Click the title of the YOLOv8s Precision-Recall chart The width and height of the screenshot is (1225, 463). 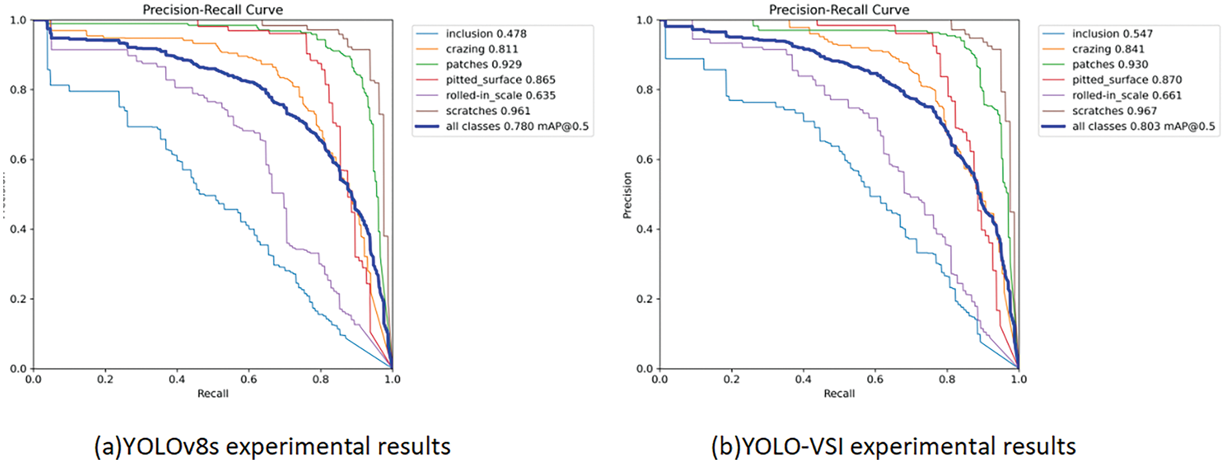click(213, 10)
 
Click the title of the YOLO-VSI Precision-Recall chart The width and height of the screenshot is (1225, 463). click(839, 10)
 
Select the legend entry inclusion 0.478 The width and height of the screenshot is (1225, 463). click(485, 34)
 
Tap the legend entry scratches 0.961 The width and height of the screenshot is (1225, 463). click(487, 111)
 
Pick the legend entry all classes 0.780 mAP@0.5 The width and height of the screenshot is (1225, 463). click(516, 126)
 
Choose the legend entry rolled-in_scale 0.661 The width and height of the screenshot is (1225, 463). click(1126, 95)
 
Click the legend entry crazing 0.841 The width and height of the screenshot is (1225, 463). click(1108, 49)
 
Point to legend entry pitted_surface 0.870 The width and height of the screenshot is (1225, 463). click(1126, 80)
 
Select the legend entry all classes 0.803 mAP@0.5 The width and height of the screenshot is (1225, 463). click(1143, 126)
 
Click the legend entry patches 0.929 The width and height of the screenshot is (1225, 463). click(484, 64)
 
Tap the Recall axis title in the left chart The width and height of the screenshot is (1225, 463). click(213, 393)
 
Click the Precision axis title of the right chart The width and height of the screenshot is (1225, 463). click(627, 195)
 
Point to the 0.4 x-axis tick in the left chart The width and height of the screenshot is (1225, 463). click(177, 379)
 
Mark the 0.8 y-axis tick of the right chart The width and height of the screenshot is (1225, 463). click(644, 90)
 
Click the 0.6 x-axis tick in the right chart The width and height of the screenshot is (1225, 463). click(875, 379)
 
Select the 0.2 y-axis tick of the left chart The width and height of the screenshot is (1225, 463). click(18, 299)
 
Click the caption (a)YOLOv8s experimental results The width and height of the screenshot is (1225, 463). click(272, 446)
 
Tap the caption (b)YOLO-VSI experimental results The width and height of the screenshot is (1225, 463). click(893, 446)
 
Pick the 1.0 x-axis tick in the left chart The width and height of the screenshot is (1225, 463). click(392, 379)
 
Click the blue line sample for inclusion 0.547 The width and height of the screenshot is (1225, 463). click(1053, 34)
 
